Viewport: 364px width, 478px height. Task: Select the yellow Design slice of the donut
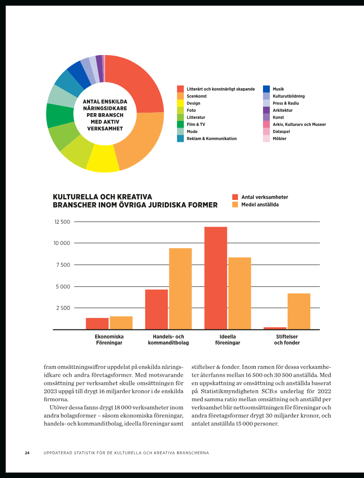pyautogui.click(x=103, y=159)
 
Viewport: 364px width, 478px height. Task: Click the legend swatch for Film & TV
pyautogui.click(x=181, y=124)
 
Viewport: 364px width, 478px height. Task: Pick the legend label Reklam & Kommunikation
pyautogui.click(x=212, y=139)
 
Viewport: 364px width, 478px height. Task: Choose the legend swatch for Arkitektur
pyautogui.click(x=267, y=110)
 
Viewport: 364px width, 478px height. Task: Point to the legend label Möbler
pyautogui.click(x=279, y=139)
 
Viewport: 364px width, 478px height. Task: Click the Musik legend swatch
pyautogui.click(x=267, y=89)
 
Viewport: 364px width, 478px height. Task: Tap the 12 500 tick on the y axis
pyautogui.click(x=62, y=222)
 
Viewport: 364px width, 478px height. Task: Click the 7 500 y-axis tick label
pyautogui.click(x=63, y=265)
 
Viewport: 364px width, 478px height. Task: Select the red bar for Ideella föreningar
pyautogui.click(x=216, y=278)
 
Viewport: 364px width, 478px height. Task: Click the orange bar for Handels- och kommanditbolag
pyautogui.click(x=181, y=289)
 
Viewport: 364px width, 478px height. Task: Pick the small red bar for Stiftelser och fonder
pyautogui.click(x=275, y=329)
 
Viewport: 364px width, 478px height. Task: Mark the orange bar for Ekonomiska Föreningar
pyautogui.click(x=121, y=323)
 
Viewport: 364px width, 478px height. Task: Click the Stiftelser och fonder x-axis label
pyautogui.click(x=287, y=339)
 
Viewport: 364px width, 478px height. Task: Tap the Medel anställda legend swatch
pyautogui.click(x=235, y=204)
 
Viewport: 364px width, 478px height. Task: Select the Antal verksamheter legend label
pyautogui.click(x=265, y=197)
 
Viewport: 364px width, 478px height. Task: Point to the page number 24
pyautogui.click(x=27, y=453)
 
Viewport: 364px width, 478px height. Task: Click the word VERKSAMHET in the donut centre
pyautogui.click(x=105, y=128)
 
